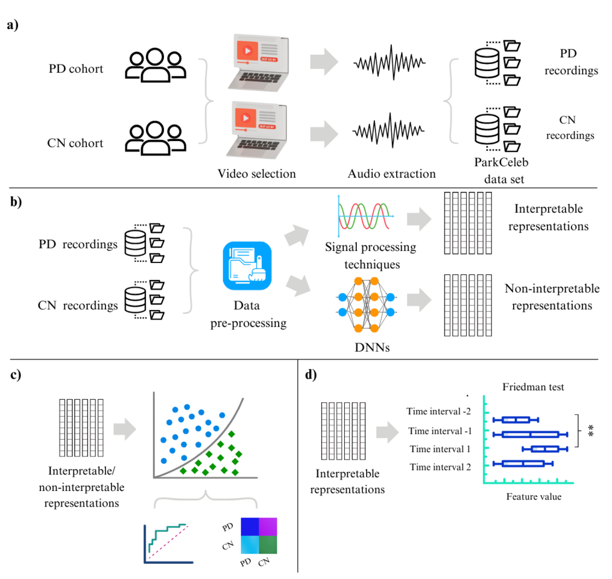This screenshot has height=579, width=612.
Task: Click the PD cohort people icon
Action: click(155, 64)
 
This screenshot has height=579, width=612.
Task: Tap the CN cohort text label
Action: click(75, 144)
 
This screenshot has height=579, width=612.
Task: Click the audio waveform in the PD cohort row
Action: click(390, 62)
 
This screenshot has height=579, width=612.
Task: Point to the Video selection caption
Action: click(257, 174)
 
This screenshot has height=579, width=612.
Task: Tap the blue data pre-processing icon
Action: click(248, 266)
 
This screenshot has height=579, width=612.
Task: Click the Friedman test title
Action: click(534, 387)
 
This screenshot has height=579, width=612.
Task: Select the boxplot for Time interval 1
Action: click(544, 448)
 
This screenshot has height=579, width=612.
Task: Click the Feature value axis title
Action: click(533, 497)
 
